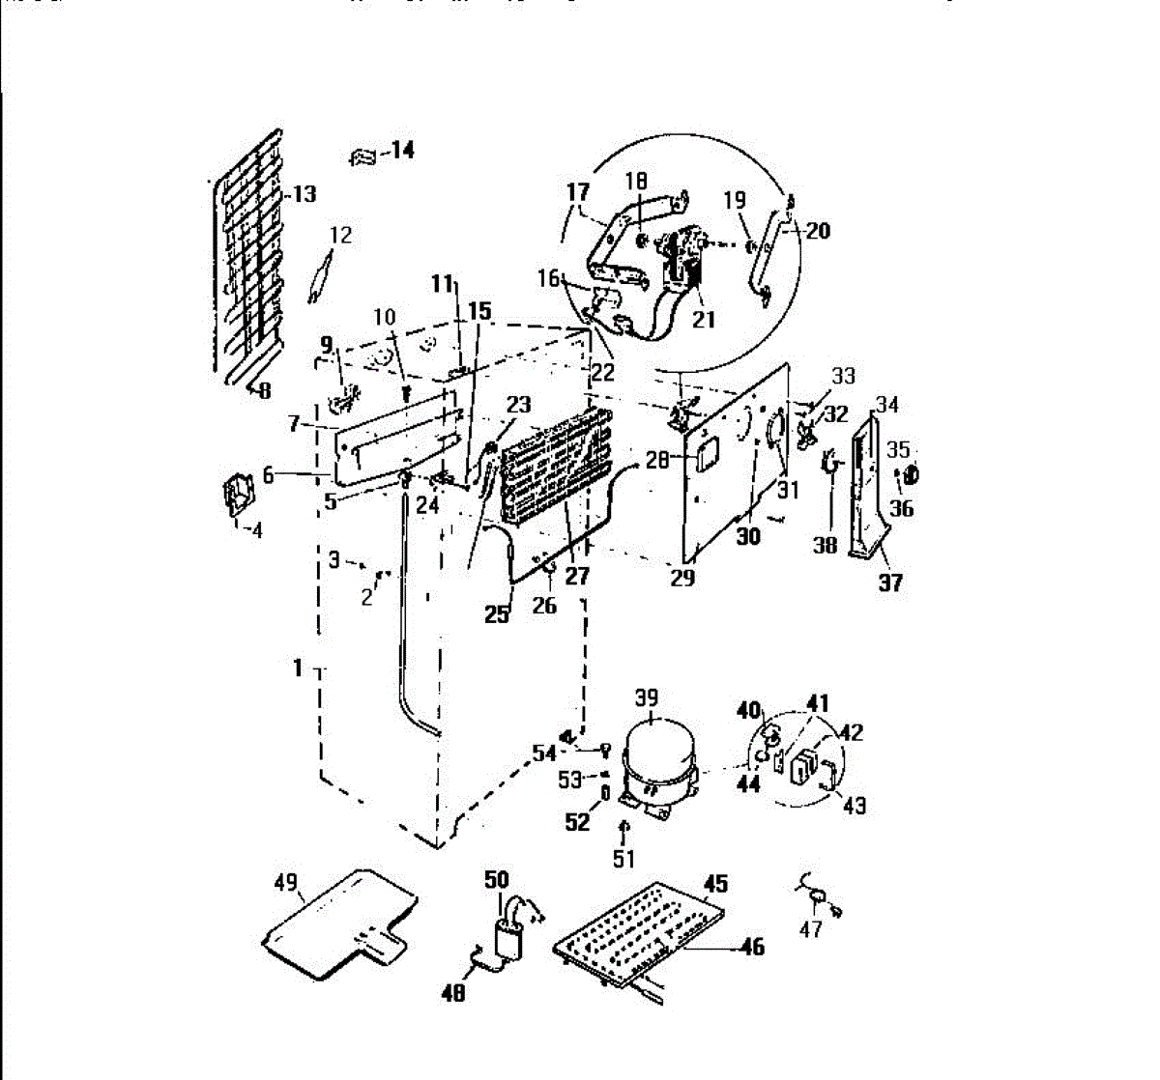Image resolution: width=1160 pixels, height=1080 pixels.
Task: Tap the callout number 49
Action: point(285,882)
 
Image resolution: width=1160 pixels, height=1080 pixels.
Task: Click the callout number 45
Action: point(715,884)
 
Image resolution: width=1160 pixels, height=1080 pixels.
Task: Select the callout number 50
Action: point(496,879)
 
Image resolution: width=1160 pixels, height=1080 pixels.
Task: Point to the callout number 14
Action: point(401,150)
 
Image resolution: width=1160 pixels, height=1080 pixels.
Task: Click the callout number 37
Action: point(889,582)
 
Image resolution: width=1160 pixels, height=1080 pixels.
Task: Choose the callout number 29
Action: point(682,579)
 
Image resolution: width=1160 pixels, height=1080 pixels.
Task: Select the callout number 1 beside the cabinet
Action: point(299,668)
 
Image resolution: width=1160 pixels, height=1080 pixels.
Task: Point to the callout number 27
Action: point(577,577)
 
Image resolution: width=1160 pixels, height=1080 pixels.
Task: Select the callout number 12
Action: point(341,235)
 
